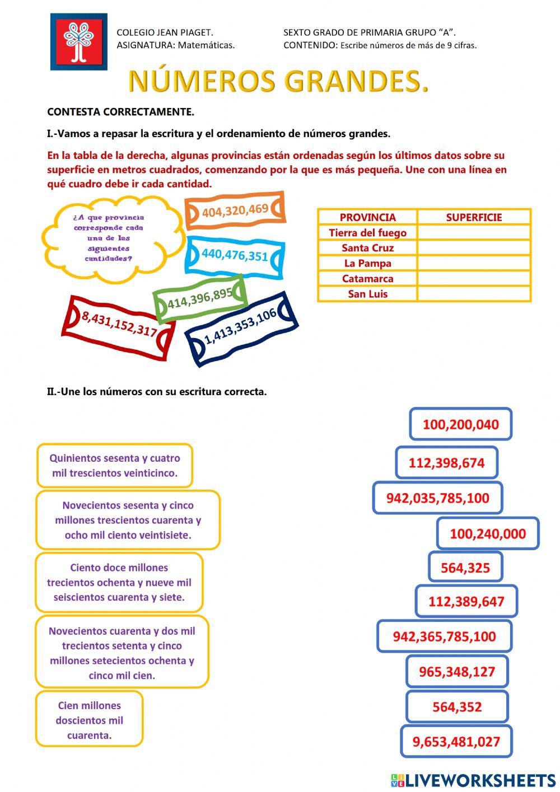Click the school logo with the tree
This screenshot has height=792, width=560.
pos(78,42)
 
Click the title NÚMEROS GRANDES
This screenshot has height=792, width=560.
pos(278,82)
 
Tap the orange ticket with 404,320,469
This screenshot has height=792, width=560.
pos(235,210)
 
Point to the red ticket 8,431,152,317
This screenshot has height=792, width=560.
pos(119,325)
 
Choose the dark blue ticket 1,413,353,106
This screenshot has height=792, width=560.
pos(241,329)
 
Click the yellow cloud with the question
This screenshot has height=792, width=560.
pos(109,238)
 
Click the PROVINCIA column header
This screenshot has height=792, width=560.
pos(367,217)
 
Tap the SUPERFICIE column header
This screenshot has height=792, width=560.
pos(474,217)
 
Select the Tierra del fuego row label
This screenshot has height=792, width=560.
pos(367,233)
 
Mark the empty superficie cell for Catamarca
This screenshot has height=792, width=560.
pos(474,279)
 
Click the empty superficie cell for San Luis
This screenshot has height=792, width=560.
pos(474,294)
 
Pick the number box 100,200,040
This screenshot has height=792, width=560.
pos(460,424)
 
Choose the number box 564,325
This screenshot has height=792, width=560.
pos(465,568)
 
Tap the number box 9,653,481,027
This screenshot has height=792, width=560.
pos(456,742)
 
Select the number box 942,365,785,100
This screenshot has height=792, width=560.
pos(444,636)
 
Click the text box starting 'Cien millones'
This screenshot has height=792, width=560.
pos(90,720)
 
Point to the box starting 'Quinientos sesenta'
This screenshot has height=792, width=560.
pos(115,466)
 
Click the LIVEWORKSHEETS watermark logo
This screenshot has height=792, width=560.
pos(473,780)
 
